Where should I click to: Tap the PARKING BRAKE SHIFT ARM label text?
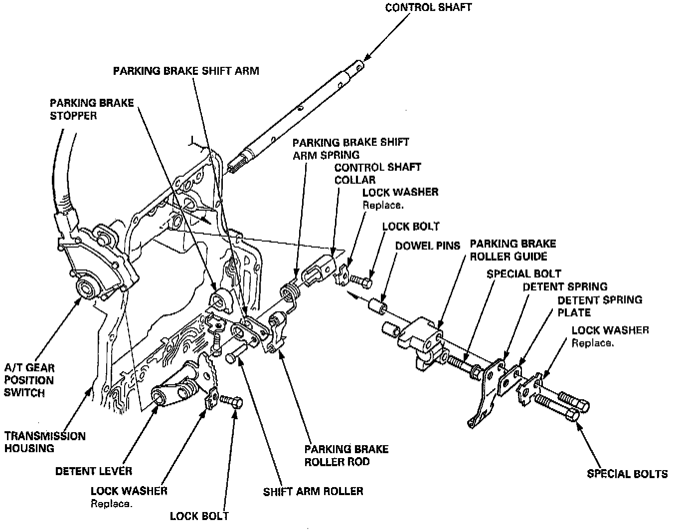pos(186,70)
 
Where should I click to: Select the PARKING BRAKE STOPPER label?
pos(91,109)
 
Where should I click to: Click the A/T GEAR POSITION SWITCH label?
pos(29,380)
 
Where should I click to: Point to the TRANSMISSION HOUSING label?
pos(45,442)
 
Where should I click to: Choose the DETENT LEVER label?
pos(94,471)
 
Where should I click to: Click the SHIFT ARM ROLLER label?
pos(313,491)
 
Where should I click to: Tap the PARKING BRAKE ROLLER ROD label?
pos(346,455)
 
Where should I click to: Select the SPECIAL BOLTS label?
pos(627,474)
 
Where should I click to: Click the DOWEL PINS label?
pos(427,246)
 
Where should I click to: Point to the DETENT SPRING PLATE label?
pos(599,306)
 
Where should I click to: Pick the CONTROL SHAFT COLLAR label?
pos(377,173)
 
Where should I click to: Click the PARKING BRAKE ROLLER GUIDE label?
pos(512,250)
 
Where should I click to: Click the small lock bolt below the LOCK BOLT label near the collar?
pos(361,282)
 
